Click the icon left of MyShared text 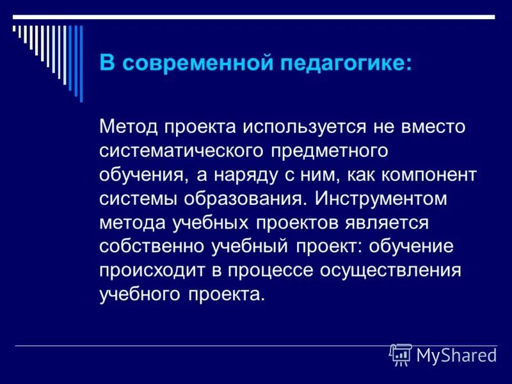(x=401, y=355)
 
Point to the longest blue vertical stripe (x=80, y=63)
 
